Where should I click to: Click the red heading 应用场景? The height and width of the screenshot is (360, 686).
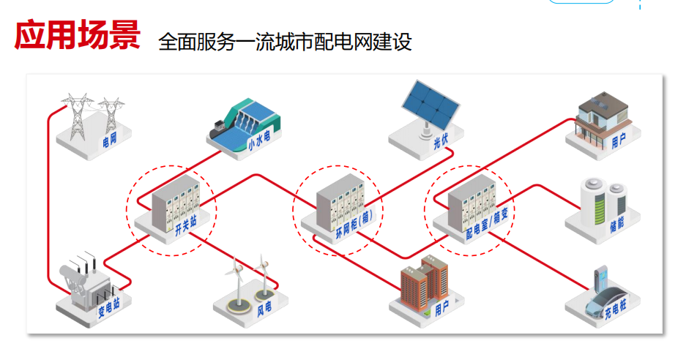[77, 35]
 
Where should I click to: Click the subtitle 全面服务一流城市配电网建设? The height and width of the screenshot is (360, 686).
[285, 41]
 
